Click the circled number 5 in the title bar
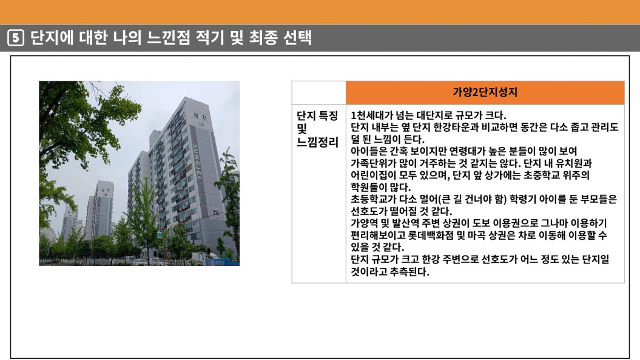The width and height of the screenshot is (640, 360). click(x=16, y=38)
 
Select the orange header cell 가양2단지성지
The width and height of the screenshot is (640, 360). click(x=485, y=92)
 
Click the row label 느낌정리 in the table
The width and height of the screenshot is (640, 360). click(x=317, y=142)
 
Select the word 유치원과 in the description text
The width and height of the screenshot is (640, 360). click(x=574, y=163)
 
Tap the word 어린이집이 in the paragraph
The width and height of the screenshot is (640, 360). click(x=368, y=175)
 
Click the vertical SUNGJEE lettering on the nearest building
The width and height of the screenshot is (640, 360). click(x=198, y=162)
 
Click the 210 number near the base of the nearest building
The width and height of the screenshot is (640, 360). click(x=216, y=212)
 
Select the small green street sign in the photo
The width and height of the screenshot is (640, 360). click(x=160, y=235)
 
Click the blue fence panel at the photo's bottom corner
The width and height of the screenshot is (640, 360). click(x=224, y=262)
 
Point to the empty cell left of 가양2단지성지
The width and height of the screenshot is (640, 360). click(x=318, y=93)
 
